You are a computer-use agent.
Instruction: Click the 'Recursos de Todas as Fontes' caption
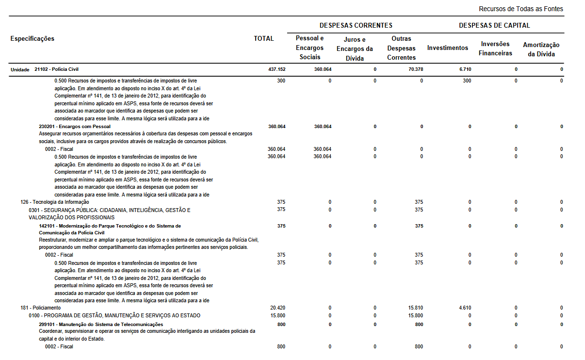click(x=520, y=9)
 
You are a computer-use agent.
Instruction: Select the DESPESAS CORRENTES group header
click(x=356, y=25)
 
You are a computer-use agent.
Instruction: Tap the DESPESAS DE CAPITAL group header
click(x=494, y=25)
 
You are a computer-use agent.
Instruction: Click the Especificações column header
click(x=32, y=38)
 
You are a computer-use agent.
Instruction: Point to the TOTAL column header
click(x=264, y=38)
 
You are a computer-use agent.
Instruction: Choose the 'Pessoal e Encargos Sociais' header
click(x=310, y=48)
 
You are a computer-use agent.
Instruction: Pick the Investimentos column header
click(x=448, y=48)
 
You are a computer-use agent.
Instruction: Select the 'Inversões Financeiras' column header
click(x=495, y=49)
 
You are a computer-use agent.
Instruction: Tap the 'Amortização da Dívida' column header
click(x=541, y=49)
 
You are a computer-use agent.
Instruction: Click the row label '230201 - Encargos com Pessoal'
click(x=75, y=127)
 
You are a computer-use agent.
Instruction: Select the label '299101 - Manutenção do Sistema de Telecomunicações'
click(x=101, y=324)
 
